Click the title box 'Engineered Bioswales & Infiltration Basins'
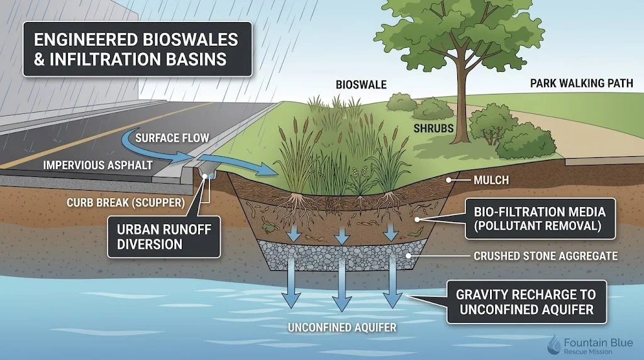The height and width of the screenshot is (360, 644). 137,49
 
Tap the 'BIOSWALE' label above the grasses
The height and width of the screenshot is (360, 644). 361,85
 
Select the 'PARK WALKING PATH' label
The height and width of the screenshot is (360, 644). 581,84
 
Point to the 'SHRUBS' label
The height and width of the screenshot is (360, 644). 433,128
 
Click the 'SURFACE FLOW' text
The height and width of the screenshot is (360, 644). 172,138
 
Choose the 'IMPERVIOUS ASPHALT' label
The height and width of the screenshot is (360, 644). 97,165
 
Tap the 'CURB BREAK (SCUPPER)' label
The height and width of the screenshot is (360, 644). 126,203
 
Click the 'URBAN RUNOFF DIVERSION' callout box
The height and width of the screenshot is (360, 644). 164,237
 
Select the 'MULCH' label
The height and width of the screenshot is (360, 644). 491,180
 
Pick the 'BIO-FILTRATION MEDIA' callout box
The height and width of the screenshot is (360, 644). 540,218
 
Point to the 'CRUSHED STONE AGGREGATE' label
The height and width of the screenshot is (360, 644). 545,256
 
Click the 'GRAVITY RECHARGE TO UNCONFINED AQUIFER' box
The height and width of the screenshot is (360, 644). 526,302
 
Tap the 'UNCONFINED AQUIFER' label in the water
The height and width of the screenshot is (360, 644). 342,327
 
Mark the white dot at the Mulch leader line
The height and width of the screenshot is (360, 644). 449,180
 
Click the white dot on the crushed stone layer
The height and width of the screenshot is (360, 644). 409,256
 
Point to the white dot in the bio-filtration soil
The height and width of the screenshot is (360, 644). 417,220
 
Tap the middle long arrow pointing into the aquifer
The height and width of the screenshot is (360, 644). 342,283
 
